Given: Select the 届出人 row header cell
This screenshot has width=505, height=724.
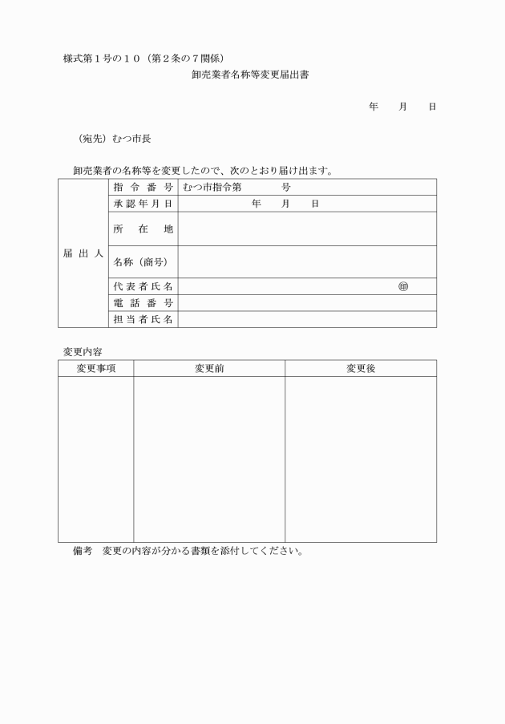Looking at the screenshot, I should [x=83, y=253].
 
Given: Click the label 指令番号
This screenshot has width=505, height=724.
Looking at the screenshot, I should [x=143, y=187].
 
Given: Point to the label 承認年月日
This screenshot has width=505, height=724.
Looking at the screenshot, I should [x=143, y=204].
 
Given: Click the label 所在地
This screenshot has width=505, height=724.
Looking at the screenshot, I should [x=143, y=229].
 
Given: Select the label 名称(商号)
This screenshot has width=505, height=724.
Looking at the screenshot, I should [x=143, y=262].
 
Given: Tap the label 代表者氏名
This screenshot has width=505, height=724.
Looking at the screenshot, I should [x=143, y=286].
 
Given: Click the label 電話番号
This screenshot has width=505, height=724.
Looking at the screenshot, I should [x=143, y=303].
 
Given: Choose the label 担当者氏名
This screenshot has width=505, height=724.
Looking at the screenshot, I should [x=143, y=320].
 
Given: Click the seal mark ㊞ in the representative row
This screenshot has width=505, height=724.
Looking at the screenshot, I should [x=402, y=286].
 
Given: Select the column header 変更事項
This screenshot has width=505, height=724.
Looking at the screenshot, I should [x=96, y=368].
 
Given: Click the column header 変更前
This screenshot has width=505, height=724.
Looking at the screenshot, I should [x=209, y=368].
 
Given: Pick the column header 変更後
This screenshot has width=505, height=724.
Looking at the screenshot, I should [x=361, y=368].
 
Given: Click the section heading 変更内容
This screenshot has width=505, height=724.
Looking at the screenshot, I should [x=82, y=351].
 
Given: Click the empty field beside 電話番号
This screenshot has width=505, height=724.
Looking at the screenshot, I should [x=307, y=303].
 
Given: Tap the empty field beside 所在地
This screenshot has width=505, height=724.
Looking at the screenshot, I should [x=307, y=229].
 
